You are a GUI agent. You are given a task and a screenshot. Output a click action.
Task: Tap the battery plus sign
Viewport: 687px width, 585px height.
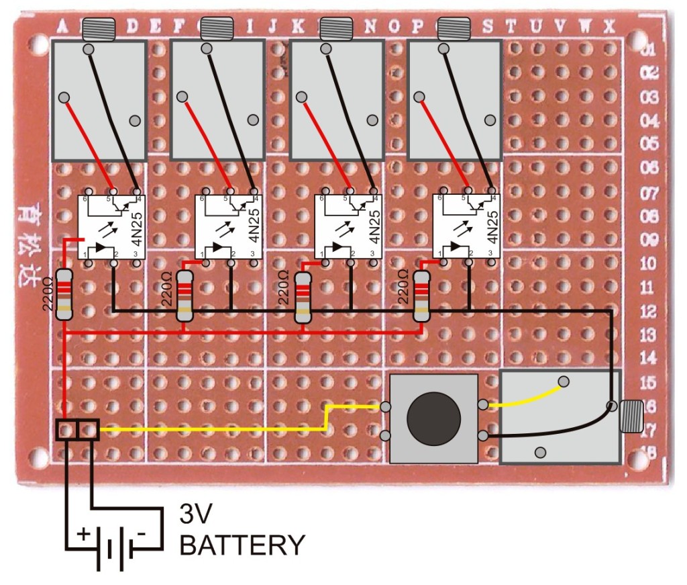pos(83,535)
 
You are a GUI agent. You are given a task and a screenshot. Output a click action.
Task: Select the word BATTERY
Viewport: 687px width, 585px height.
pos(242,545)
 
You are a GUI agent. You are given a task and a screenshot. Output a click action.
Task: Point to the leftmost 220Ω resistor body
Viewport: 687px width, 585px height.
pos(64,294)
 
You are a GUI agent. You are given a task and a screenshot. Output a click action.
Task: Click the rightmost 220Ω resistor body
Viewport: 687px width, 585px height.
pos(422,296)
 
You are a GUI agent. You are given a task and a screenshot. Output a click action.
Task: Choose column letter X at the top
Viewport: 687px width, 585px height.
pos(609,26)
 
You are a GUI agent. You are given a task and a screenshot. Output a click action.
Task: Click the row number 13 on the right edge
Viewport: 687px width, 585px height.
pos(648,334)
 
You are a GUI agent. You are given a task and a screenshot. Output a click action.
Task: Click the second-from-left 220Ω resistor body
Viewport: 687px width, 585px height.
pos(184,296)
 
